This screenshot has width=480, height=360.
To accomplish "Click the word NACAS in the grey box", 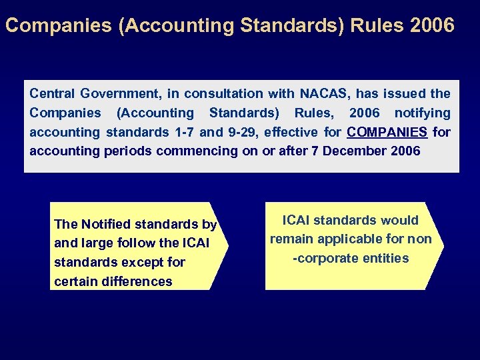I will pos(326,93).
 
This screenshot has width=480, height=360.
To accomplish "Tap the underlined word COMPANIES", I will pos(387,132).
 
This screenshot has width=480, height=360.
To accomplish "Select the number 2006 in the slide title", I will pos(433,26).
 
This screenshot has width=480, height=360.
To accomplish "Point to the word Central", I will pos(52,93).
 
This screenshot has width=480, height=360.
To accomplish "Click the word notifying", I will pos(422,113).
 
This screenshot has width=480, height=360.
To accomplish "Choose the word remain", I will pos(290,239).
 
